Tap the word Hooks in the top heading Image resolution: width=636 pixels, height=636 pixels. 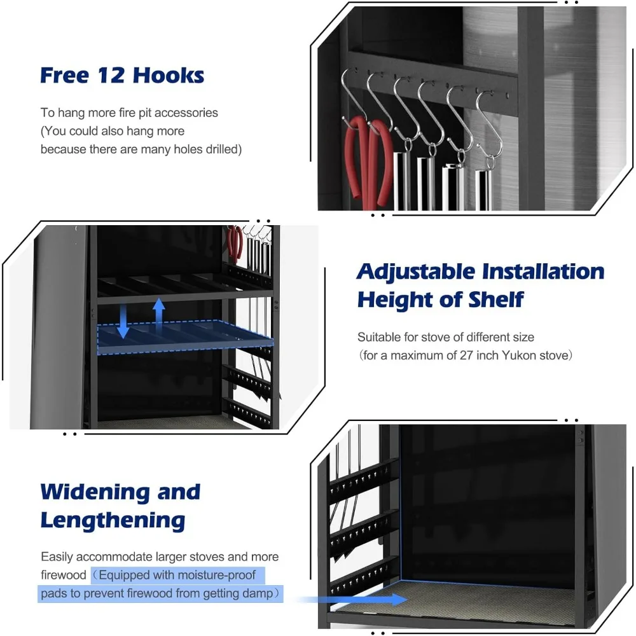pyautogui.click(x=169, y=75)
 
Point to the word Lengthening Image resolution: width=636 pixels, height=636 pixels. pyautogui.click(x=113, y=520)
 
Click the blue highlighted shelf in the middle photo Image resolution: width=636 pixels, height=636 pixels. pyautogui.click(x=184, y=337)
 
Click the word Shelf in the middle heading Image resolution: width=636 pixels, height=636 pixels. pyautogui.click(x=494, y=299)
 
